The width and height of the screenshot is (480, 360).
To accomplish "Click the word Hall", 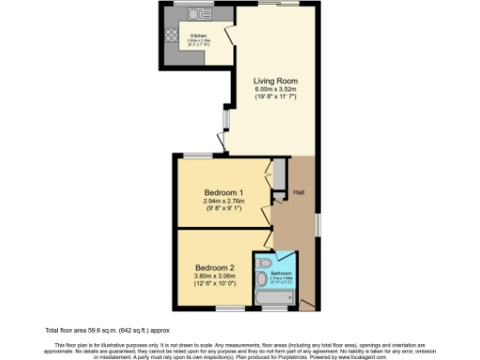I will click(298, 193).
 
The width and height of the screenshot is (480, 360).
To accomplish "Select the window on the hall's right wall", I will click(318, 225).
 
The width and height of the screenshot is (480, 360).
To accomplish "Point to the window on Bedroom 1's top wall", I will click(196, 154).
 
